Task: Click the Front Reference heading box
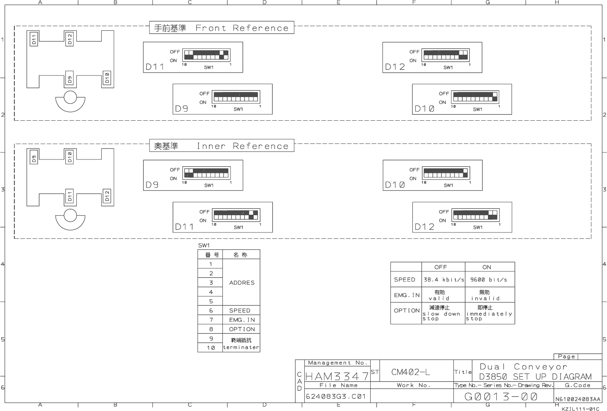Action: pos(222,28)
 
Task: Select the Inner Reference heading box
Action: pos(222,146)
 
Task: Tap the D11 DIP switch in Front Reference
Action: pos(206,55)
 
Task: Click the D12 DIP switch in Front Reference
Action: pos(446,55)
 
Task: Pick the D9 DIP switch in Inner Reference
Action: pos(206,173)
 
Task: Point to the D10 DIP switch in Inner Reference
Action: pos(446,173)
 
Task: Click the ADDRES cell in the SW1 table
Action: pos(241,283)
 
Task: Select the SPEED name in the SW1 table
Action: pos(240,311)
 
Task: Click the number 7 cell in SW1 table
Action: pos(211,320)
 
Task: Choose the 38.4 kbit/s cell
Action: pos(443,280)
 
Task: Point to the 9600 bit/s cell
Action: pos(488,280)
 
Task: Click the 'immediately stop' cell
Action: pos(489,313)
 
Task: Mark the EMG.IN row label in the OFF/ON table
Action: pos(406,295)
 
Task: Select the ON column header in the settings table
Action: pos(487,267)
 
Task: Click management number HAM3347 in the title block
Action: pos(337,376)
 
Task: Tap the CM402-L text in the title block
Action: pos(410,372)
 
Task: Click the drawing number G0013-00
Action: pos(501,396)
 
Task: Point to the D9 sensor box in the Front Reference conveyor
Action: pos(70,79)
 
